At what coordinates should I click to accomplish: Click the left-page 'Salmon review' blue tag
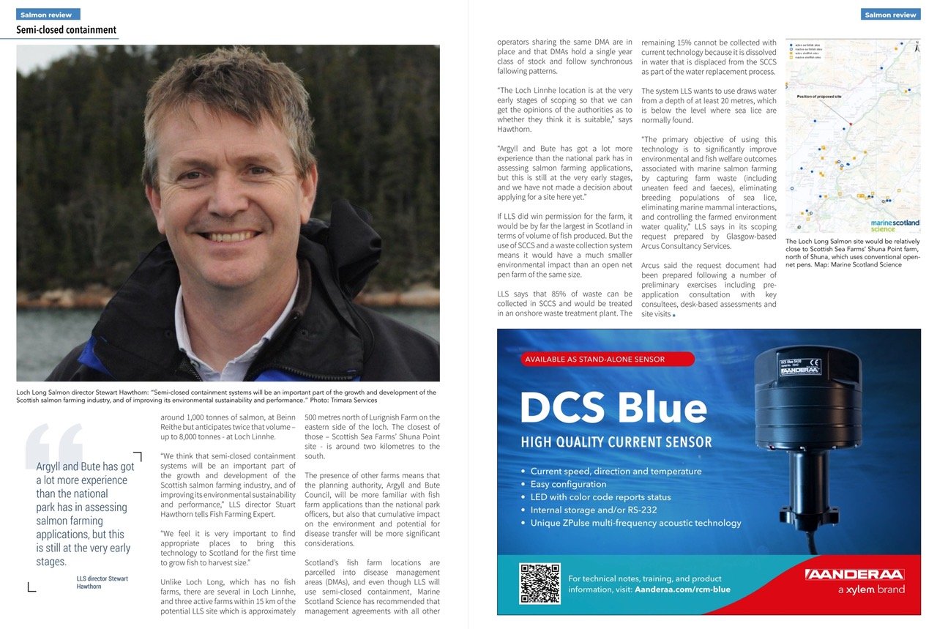48,14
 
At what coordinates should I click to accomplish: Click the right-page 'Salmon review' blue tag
890,14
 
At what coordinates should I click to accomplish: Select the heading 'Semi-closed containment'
67,30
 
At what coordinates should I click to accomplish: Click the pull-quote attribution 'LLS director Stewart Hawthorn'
102,582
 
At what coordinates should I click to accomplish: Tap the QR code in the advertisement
540,583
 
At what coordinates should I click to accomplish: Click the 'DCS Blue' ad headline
613,409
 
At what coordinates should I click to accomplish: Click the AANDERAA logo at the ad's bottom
854,574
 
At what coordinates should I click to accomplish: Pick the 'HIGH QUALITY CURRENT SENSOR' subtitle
616,442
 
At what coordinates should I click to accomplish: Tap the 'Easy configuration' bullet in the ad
568,484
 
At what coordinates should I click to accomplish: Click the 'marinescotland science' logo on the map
895,226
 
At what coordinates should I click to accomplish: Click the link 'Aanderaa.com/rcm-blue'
682,589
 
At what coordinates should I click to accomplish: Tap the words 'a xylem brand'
871,589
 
